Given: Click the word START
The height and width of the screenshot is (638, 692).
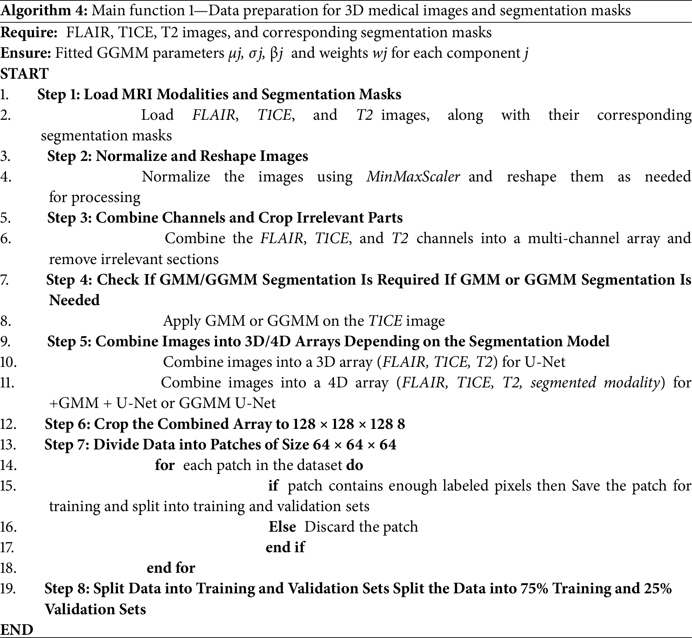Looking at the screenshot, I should click(x=24, y=74).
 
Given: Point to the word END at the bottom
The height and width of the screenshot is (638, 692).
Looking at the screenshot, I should click(x=17, y=629).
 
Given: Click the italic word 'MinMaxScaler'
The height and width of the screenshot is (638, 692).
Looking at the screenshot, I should click(x=413, y=177).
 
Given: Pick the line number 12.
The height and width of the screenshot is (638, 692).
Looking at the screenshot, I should click(x=8, y=424).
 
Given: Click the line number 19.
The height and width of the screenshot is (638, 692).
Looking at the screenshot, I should click(x=8, y=589).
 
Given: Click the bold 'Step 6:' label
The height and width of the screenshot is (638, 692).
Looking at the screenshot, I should click(x=67, y=424).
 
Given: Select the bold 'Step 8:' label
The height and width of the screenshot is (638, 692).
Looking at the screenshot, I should click(x=67, y=589).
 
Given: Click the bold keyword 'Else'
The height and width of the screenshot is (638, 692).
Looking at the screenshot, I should click(x=282, y=527).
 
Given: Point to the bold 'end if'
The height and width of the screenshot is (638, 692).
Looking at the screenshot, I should click(x=285, y=548).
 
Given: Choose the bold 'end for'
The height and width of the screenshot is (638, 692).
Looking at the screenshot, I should click(x=171, y=568).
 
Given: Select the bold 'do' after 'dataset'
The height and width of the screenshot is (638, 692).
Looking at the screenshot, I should click(x=355, y=465).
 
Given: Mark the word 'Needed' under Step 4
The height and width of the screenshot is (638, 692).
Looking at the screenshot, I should click(x=74, y=301).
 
